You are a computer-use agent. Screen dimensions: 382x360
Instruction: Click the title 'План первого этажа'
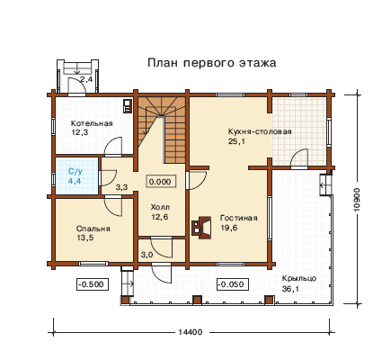point(212,63)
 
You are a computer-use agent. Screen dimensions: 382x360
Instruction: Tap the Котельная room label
point(92,123)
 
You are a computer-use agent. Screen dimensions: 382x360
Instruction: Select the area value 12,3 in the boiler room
point(80,132)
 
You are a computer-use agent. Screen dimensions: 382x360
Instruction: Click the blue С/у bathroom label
point(75,172)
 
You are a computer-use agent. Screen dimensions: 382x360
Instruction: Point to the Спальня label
point(93,229)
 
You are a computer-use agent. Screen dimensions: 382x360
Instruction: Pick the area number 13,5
point(85,238)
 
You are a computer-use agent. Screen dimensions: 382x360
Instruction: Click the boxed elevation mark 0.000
point(160,182)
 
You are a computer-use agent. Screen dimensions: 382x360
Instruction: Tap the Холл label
point(160,207)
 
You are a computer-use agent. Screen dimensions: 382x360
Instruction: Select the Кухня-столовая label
point(260,131)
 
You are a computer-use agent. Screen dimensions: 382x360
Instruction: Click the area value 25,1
point(236,141)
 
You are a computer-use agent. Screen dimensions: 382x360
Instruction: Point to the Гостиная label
point(239,218)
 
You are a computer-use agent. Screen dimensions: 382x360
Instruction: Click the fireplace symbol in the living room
point(201,228)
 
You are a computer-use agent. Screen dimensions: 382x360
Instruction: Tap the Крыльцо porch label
point(299,278)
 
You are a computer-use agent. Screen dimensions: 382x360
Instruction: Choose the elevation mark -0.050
point(233,283)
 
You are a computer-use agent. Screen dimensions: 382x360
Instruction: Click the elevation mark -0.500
point(93,283)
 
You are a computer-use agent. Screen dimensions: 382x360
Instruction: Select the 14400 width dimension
point(191,332)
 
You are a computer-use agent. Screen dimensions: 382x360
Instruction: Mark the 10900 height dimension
point(357,200)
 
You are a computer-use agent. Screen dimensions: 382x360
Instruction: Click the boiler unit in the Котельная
point(128,105)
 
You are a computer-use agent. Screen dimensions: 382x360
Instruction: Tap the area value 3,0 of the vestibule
point(147,255)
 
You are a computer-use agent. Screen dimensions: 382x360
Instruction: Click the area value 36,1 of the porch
point(290,289)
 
